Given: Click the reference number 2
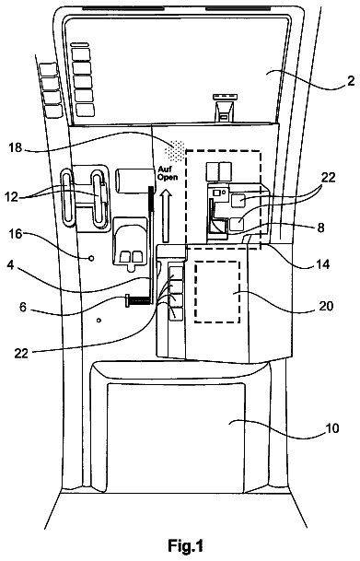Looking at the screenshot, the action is coord(351,81).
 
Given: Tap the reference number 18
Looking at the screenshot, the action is coord(16,147).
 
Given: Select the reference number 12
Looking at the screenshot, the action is coord(12,196).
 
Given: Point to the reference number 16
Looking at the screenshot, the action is coord(16,234).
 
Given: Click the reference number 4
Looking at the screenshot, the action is coord(11,266).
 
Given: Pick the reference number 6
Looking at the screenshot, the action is coord(23,307).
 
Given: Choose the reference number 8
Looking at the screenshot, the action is coord(320,228).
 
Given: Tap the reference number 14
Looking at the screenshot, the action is coord(322,264).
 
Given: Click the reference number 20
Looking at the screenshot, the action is coord(326,306).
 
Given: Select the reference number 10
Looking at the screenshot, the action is coord(331,428).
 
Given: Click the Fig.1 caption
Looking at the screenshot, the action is coord(186,546).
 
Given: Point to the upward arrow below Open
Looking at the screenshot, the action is coord(167,216).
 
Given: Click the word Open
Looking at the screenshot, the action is coord(168,177).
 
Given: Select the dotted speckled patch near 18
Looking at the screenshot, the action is coord(175,149).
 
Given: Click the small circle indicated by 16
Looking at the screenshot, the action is coord(91,258).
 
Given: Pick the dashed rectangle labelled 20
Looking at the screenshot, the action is coord(195,292).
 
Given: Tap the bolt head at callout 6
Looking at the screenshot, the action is coord(127,300).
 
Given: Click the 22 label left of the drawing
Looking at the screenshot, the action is coord(21,354).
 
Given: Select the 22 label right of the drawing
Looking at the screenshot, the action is coord(329,176).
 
